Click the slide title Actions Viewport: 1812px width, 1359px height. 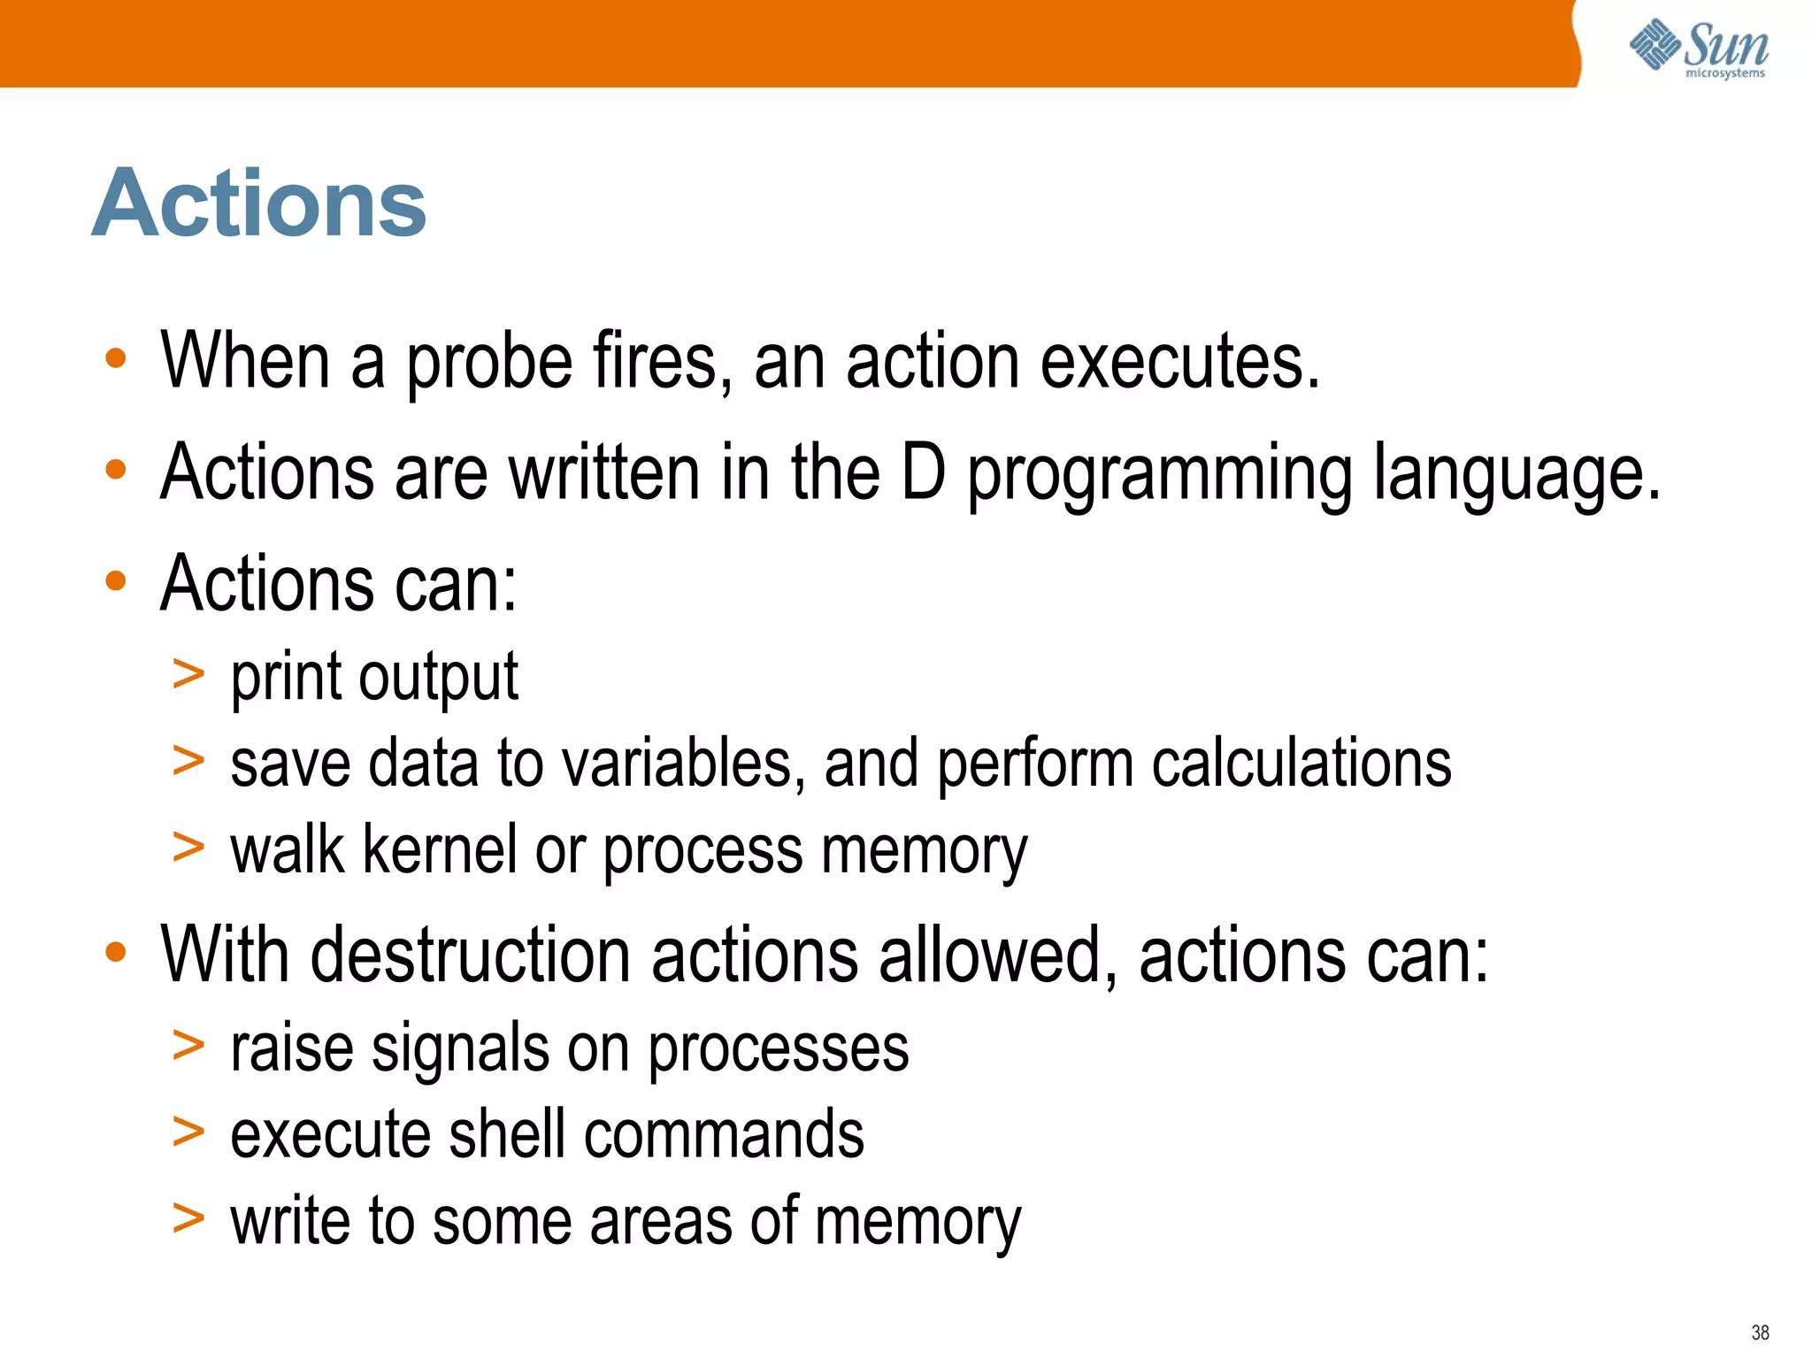tap(259, 203)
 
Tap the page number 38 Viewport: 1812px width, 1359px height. tap(1759, 1332)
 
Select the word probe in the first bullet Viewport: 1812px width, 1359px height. tap(489, 363)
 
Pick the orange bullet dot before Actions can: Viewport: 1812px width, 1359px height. tap(115, 581)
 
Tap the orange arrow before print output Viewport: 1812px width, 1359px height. tap(188, 675)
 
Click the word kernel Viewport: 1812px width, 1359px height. tap(439, 849)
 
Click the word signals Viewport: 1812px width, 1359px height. tap(460, 1049)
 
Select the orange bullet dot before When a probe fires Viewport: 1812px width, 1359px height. tap(115, 358)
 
